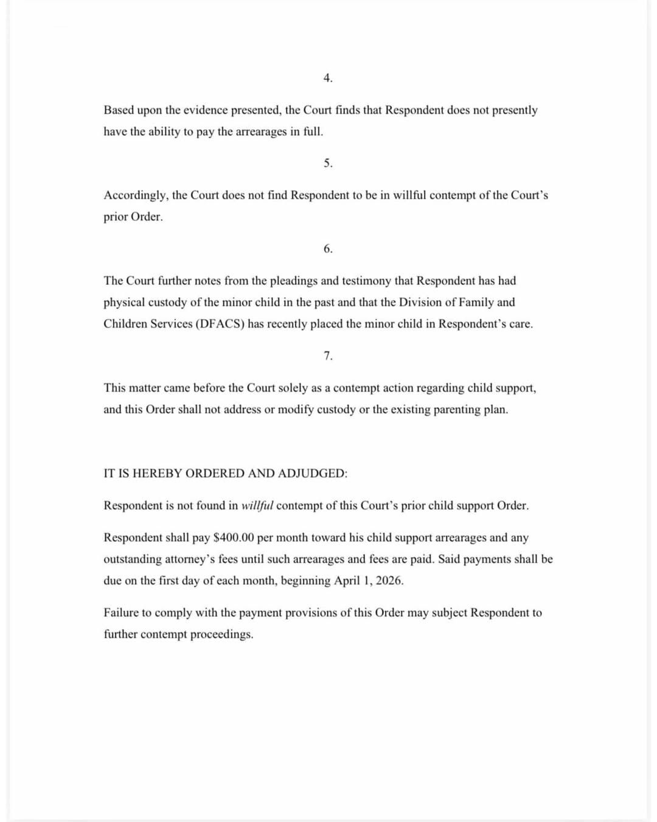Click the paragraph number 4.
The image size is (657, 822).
(328, 78)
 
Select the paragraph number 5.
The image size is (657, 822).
(328, 163)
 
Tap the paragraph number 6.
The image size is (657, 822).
(328, 249)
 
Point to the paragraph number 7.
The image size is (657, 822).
(328, 356)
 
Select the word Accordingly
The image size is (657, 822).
(136, 195)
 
